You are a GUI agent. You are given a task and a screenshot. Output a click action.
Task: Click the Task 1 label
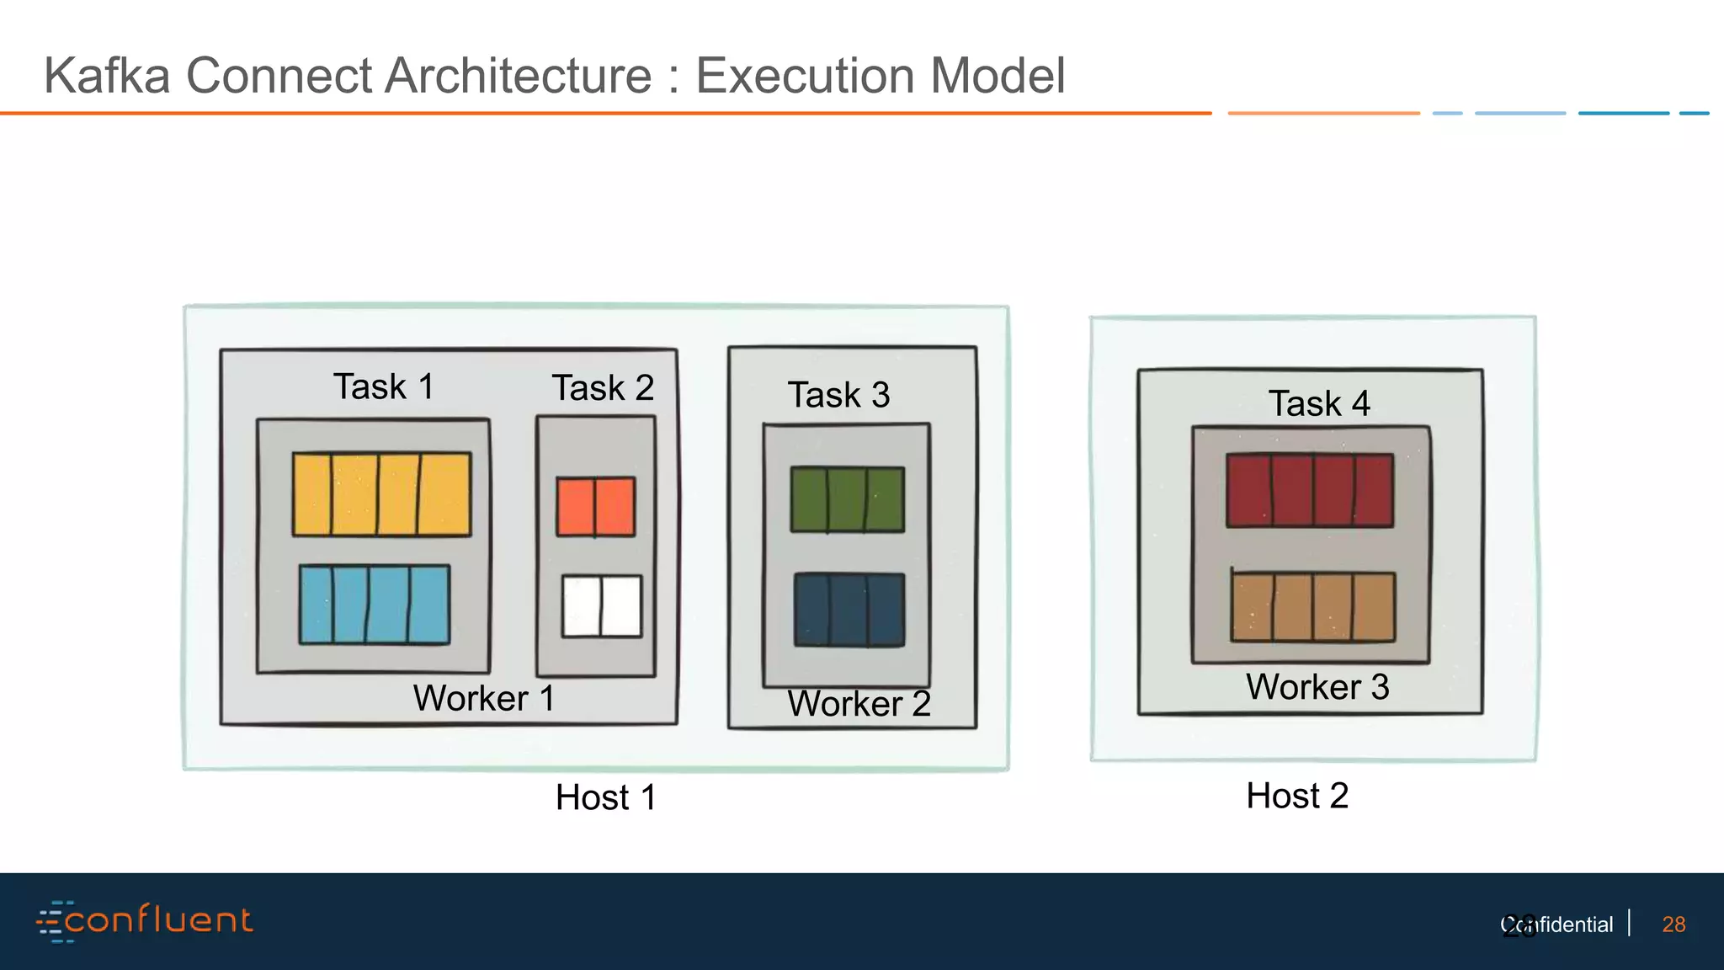point(384,386)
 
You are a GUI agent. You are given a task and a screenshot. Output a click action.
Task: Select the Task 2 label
point(603,388)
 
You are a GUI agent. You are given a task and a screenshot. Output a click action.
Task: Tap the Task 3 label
point(838,395)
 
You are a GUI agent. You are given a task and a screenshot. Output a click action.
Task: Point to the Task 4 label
point(1319,403)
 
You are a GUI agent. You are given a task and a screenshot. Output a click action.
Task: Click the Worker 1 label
point(483,698)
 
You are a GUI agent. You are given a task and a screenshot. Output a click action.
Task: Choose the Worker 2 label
point(859,704)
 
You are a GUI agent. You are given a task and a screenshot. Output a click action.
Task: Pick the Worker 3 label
point(1317,687)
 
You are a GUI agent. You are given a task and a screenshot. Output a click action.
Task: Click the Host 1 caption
point(605,797)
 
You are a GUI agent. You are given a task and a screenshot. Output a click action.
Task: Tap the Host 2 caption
point(1297,796)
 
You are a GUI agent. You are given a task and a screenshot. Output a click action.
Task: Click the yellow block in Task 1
point(381,494)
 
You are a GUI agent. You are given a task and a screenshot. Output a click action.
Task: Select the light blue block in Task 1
point(375,605)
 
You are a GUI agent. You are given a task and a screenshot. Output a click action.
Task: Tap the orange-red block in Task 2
point(596,507)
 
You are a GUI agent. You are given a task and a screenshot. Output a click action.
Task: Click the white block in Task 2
point(602,606)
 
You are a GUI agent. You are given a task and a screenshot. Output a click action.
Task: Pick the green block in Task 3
point(847,499)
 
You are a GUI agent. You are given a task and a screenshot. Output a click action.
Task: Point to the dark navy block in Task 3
point(849,610)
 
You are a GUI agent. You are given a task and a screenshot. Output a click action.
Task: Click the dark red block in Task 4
point(1309,491)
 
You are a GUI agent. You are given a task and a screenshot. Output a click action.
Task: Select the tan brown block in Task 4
point(1312,607)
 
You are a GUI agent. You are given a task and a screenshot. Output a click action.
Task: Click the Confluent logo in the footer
point(145,920)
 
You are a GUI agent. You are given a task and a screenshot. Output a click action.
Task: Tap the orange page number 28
point(1673,925)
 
